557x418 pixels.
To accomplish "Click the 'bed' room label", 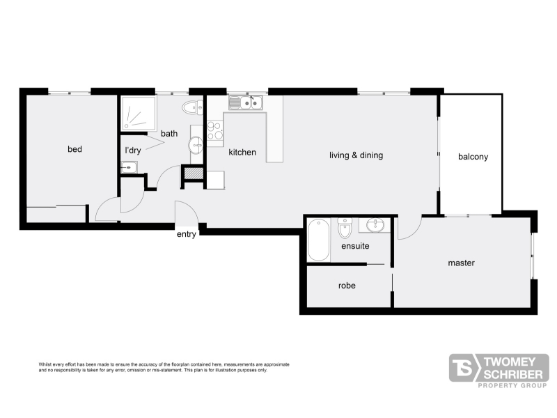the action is tap(74, 149).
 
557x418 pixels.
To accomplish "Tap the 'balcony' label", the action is tap(473, 157).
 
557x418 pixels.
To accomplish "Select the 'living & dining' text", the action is tap(356, 155).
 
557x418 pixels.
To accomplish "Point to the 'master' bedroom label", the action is tap(461, 263).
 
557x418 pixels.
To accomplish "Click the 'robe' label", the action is tap(347, 286).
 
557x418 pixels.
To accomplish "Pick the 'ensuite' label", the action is tap(355, 246).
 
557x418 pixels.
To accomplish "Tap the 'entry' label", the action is tap(187, 234).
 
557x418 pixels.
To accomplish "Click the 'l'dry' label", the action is tap(133, 150).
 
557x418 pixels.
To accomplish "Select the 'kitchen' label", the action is tap(242, 152).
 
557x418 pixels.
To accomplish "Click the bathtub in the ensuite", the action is tap(319, 240).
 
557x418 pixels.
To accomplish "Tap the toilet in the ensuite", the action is tap(345, 228).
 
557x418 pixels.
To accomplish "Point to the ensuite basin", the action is tap(375, 225).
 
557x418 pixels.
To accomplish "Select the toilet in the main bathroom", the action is tap(193, 108).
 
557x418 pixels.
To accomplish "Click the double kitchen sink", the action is tap(246, 102).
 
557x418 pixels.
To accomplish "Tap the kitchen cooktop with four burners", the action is tap(215, 130).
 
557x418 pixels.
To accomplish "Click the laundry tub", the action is tap(129, 167).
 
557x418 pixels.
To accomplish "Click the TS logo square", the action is tap(464, 368).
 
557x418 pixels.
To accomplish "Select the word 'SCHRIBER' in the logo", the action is tap(513, 374).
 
